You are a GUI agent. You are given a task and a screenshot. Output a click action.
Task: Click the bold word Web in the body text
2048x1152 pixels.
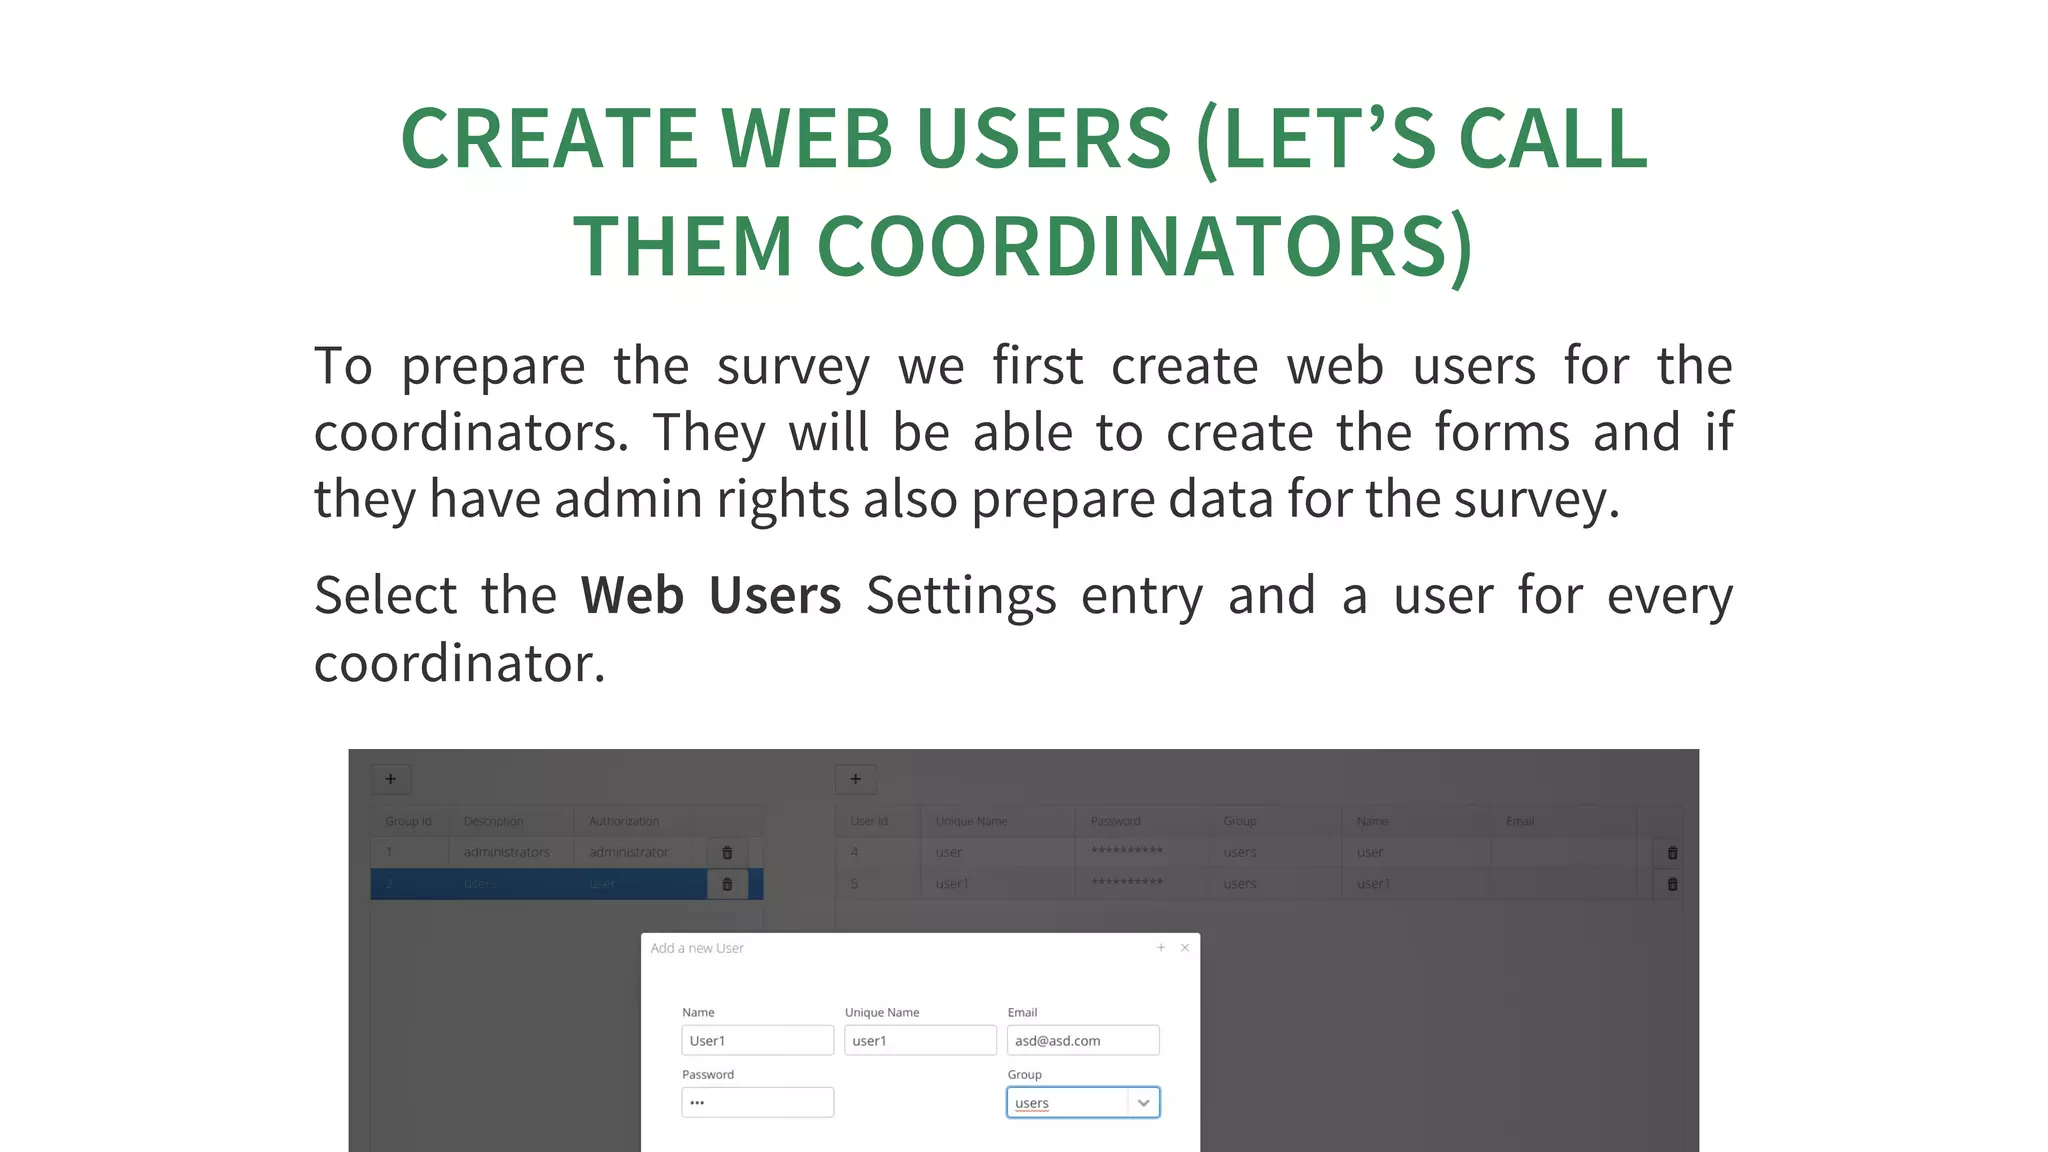point(632,596)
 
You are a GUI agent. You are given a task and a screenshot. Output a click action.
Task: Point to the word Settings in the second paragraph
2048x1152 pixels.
point(961,596)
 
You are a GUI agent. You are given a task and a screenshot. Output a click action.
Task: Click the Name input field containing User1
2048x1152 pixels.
point(757,1040)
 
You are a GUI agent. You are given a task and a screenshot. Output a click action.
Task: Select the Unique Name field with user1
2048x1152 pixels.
point(920,1040)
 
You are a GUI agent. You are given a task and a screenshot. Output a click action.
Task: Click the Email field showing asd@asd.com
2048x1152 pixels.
point(1083,1040)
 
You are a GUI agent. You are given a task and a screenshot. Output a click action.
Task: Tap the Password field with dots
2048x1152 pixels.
point(757,1103)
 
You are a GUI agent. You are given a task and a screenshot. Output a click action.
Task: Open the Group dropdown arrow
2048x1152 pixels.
point(1143,1103)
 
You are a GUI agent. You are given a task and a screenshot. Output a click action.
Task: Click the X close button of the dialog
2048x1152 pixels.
point(1185,947)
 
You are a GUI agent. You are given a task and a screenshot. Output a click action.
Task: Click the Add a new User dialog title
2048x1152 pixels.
point(697,948)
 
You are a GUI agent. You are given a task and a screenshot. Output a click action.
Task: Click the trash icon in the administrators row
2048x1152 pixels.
point(727,853)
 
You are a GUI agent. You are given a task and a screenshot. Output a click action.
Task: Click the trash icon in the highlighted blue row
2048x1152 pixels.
point(727,884)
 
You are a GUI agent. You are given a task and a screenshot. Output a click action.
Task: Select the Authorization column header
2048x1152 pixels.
point(624,821)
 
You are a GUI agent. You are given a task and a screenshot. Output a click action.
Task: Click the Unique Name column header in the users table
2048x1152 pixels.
point(971,821)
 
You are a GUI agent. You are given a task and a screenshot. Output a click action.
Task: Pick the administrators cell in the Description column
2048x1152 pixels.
point(507,852)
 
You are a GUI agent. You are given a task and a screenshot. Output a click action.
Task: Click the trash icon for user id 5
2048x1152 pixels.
point(1672,884)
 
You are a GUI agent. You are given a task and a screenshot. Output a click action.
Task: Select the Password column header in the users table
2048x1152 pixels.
point(1115,821)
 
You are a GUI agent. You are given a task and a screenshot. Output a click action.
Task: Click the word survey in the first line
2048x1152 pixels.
point(793,367)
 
